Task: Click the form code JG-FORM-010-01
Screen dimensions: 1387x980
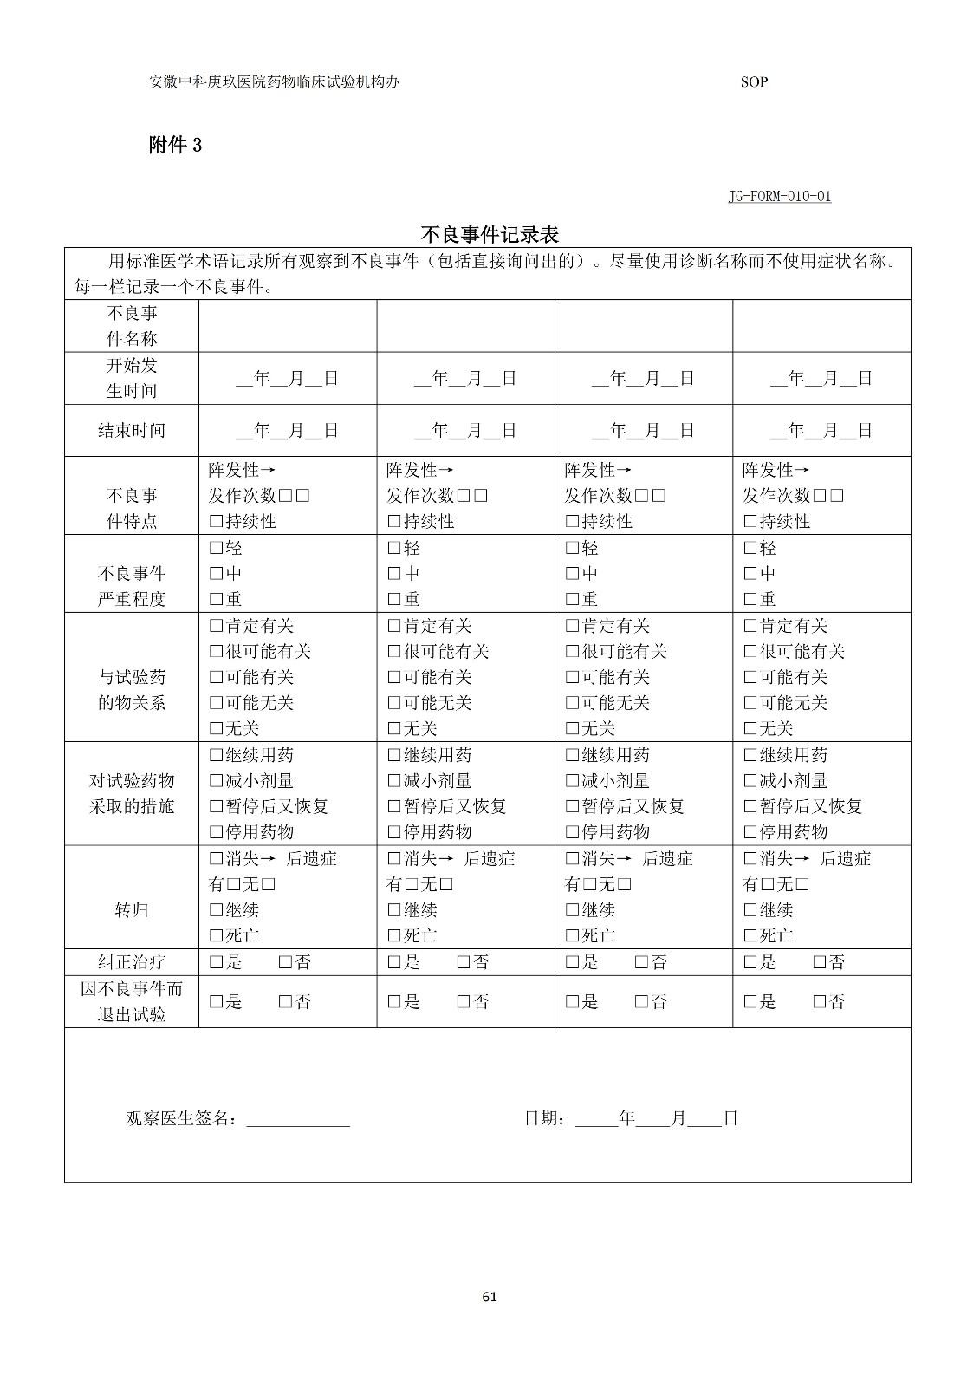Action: [x=779, y=196]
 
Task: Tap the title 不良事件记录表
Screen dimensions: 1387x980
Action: [x=489, y=234]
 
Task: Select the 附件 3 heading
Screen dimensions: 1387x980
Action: [x=175, y=145]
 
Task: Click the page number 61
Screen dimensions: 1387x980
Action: [x=489, y=1297]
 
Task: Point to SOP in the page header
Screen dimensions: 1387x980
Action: [x=754, y=82]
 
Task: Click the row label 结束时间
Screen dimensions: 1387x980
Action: [x=132, y=430]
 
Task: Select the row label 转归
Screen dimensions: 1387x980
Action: [x=132, y=909]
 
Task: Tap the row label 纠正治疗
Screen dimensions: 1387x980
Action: [x=132, y=962]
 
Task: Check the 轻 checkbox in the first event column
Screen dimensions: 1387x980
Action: [x=217, y=548]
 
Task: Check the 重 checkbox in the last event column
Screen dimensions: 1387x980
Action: [x=750, y=599]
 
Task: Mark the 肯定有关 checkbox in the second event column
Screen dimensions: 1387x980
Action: [x=394, y=626]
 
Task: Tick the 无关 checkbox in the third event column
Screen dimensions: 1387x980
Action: [x=572, y=728]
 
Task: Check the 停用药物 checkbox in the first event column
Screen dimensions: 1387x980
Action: [x=217, y=832]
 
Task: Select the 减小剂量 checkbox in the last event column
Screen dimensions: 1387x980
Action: [x=750, y=781]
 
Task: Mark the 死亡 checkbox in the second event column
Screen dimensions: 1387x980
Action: [x=394, y=935]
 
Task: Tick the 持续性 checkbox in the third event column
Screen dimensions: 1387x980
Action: [x=572, y=522]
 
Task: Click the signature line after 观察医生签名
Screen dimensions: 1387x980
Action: [x=298, y=1120]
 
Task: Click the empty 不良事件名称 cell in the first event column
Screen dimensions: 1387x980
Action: [x=288, y=326]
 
